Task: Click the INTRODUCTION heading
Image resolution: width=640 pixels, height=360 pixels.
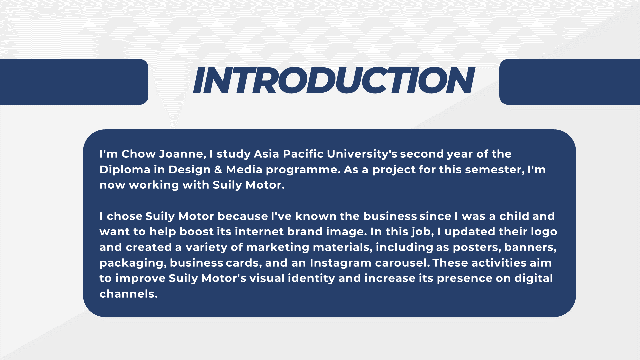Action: pyautogui.click(x=334, y=80)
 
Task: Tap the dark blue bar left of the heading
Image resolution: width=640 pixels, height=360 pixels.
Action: pyautogui.click(x=74, y=82)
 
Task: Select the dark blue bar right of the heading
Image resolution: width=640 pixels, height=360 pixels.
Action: pyautogui.click(x=570, y=82)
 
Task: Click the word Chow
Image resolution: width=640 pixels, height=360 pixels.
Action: pyautogui.click(x=138, y=154)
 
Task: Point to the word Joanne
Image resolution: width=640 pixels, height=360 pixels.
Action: pyautogui.click(x=182, y=154)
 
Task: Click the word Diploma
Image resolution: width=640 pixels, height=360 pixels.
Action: pyautogui.click(x=125, y=170)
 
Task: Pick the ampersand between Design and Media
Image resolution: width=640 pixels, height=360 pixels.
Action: pyautogui.click(x=218, y=170)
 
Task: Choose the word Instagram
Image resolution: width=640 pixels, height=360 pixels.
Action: pyautogui.click(x=341, y=263)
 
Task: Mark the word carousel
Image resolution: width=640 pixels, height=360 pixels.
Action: pyautogui.click(x=402, y=263)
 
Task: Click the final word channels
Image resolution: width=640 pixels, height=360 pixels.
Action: pyautogui.click(x=128, y=294)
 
